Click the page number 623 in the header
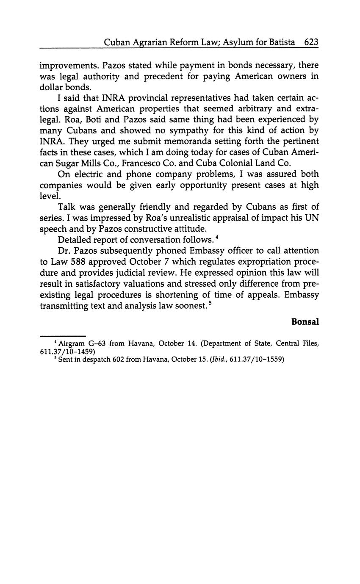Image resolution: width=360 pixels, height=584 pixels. [x=311, y=42]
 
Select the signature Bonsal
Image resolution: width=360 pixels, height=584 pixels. [x=305, y=321]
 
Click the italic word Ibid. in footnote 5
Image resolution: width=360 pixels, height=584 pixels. [x=219, y=360]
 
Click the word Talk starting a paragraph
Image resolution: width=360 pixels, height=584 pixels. [x=66, y=207]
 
